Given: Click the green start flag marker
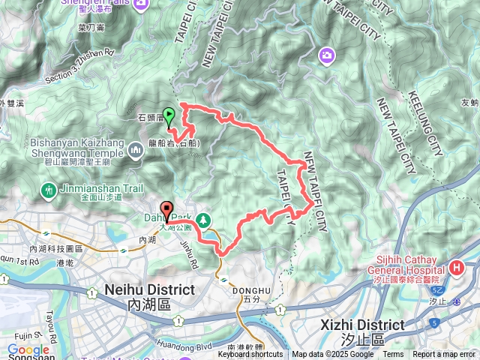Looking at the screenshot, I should (169, 116).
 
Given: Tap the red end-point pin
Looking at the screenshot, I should (166, 209).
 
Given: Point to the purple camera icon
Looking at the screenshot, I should (327, 54).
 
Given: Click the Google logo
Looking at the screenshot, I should (28, 349).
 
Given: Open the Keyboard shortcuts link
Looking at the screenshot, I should (250, 355).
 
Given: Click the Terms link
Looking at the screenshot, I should (393, 355).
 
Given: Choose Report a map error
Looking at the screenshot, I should (445, 355).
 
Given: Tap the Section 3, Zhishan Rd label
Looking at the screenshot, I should (78, 66).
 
